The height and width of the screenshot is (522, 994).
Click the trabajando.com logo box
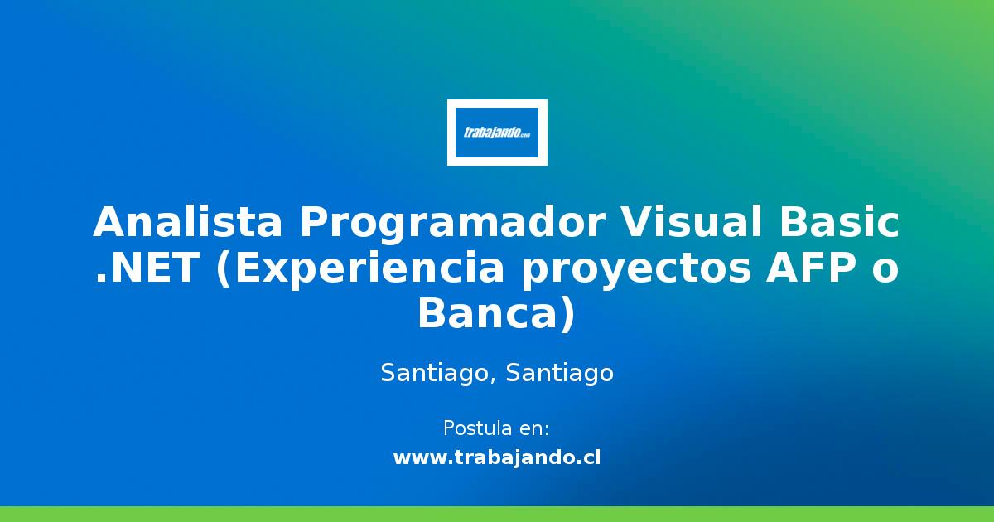tap(497, 133)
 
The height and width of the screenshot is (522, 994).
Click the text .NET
tap(146, 269)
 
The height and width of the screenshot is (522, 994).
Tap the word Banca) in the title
tap(495, 316)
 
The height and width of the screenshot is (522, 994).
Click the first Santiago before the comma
tap(436, 375)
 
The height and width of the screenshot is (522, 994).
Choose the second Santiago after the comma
tap(560, 375)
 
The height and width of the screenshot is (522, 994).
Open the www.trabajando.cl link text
tap(497, 457)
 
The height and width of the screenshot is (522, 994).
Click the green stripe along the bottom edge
tap(497, 514)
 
